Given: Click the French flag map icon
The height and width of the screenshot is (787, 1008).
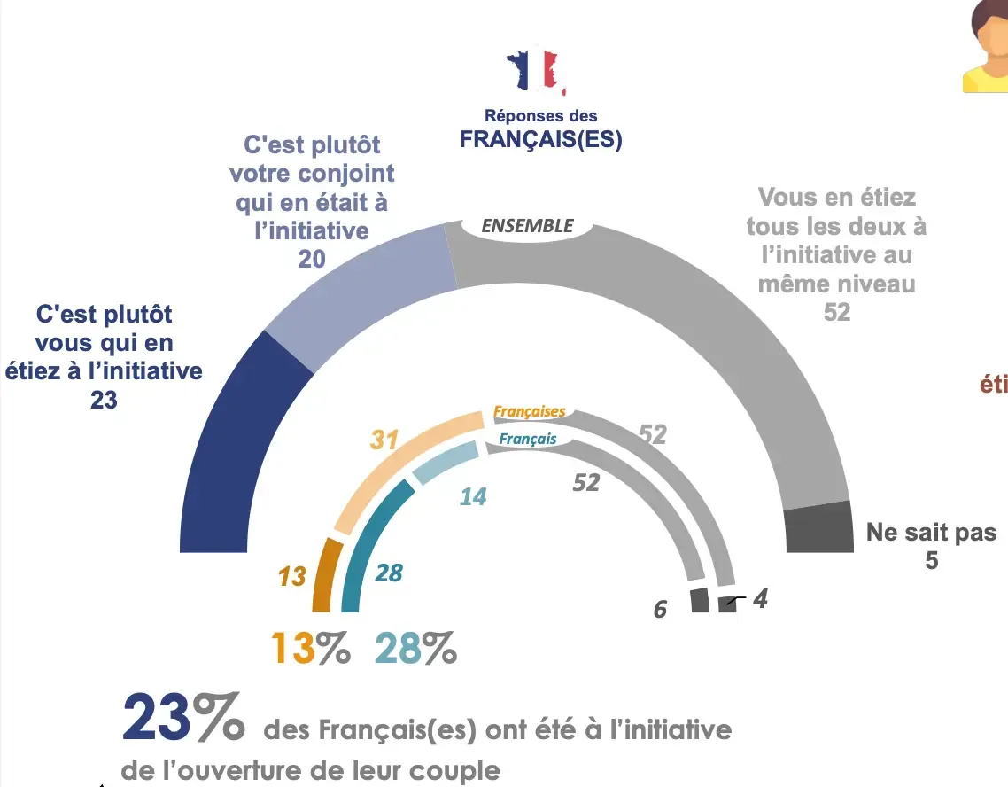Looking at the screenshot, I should coord(535,72).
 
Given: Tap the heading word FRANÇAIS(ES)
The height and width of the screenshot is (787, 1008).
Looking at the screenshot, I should coord(540,140).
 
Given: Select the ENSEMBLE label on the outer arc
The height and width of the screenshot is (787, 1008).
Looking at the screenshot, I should coord(527,226).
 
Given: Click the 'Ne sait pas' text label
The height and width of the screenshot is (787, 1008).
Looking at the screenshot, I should coord(930,532).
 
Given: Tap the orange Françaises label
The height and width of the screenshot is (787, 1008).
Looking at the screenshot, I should coord(529,412).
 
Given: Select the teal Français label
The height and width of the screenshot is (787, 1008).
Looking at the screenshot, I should coord(528,439).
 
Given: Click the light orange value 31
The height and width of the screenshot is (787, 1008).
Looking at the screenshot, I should coord(384,439).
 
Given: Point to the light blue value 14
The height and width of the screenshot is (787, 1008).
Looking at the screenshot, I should coord(473,496).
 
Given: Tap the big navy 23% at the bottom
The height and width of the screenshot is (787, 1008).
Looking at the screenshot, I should coord(183,718).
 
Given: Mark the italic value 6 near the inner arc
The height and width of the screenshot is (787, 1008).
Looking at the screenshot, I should coord(660,609).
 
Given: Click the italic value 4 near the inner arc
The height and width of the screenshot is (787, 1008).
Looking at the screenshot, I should coord(759,599).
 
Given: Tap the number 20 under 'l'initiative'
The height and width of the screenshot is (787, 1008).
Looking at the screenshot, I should coord(312,258).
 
